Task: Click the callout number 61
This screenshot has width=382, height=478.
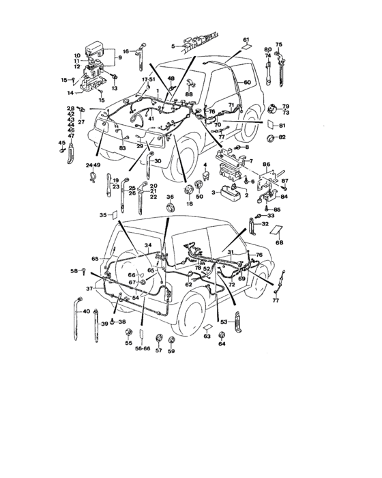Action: pyautogui.click(x=246, y=40)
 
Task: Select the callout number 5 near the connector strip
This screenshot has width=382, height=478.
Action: pyautogui.click(x=174, y=46)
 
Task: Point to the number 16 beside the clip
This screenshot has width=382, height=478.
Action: pyautogui.click(x=126, y=51)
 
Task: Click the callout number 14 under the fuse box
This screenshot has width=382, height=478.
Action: pyautogui.click(x=70, y=92)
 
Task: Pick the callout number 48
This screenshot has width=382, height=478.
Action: pyautogui.click(x=172, y=79)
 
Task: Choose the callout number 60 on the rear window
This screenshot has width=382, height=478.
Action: pyautogui.click(x=248, y=82)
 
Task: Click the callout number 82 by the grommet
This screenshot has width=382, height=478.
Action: pyautogui.click(x=283, y=137)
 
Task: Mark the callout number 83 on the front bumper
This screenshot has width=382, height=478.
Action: pyautogui.click(x=123, y=148)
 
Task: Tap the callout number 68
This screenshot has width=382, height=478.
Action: pyautogui.click(x=279, y=242)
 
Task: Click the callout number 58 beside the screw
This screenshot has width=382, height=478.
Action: pyautogui.click(x=74, y=272)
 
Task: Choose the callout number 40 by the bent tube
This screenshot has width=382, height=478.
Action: pyautogui.click(x=86, y=311)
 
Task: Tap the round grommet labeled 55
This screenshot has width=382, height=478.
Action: pyautogui.click(x=128, y=333)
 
